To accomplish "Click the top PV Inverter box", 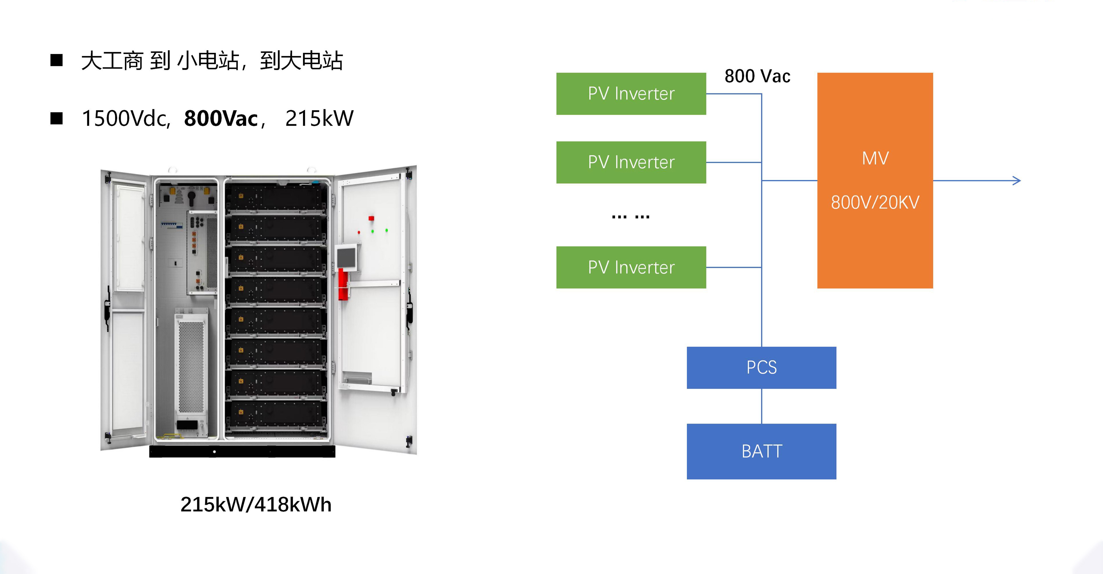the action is coord(631,94).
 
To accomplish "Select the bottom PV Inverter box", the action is coord(631,267).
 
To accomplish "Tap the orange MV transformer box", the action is coord(875,181).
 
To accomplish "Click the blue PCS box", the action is coord(761,367).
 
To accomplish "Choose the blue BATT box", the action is coord(761,451).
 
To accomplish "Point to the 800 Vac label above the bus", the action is coord(757,76).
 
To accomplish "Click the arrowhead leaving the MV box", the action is coord(1017,181).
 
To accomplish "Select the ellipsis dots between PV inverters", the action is coord(630,217).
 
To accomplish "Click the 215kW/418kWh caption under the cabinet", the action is coord(256,505).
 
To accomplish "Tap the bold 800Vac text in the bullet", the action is coord(221,119).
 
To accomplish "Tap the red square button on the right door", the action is coord(371,219).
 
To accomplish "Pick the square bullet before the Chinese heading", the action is coord(57,60).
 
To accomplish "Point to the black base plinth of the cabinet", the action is coord(242,452).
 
